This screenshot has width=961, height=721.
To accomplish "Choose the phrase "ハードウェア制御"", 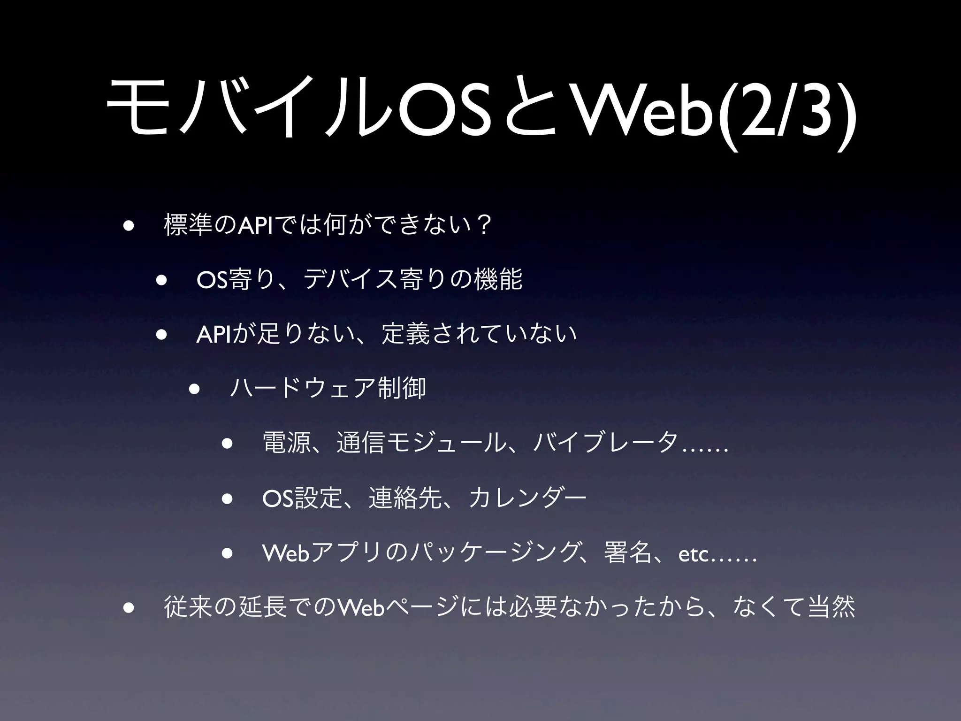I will pyautogui.click(x=328, y=388).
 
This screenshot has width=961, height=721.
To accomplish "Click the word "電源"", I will pyautogui.click(x=287, y=443).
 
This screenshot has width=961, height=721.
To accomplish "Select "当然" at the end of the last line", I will pyautogui.click(x=831, y=607).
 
